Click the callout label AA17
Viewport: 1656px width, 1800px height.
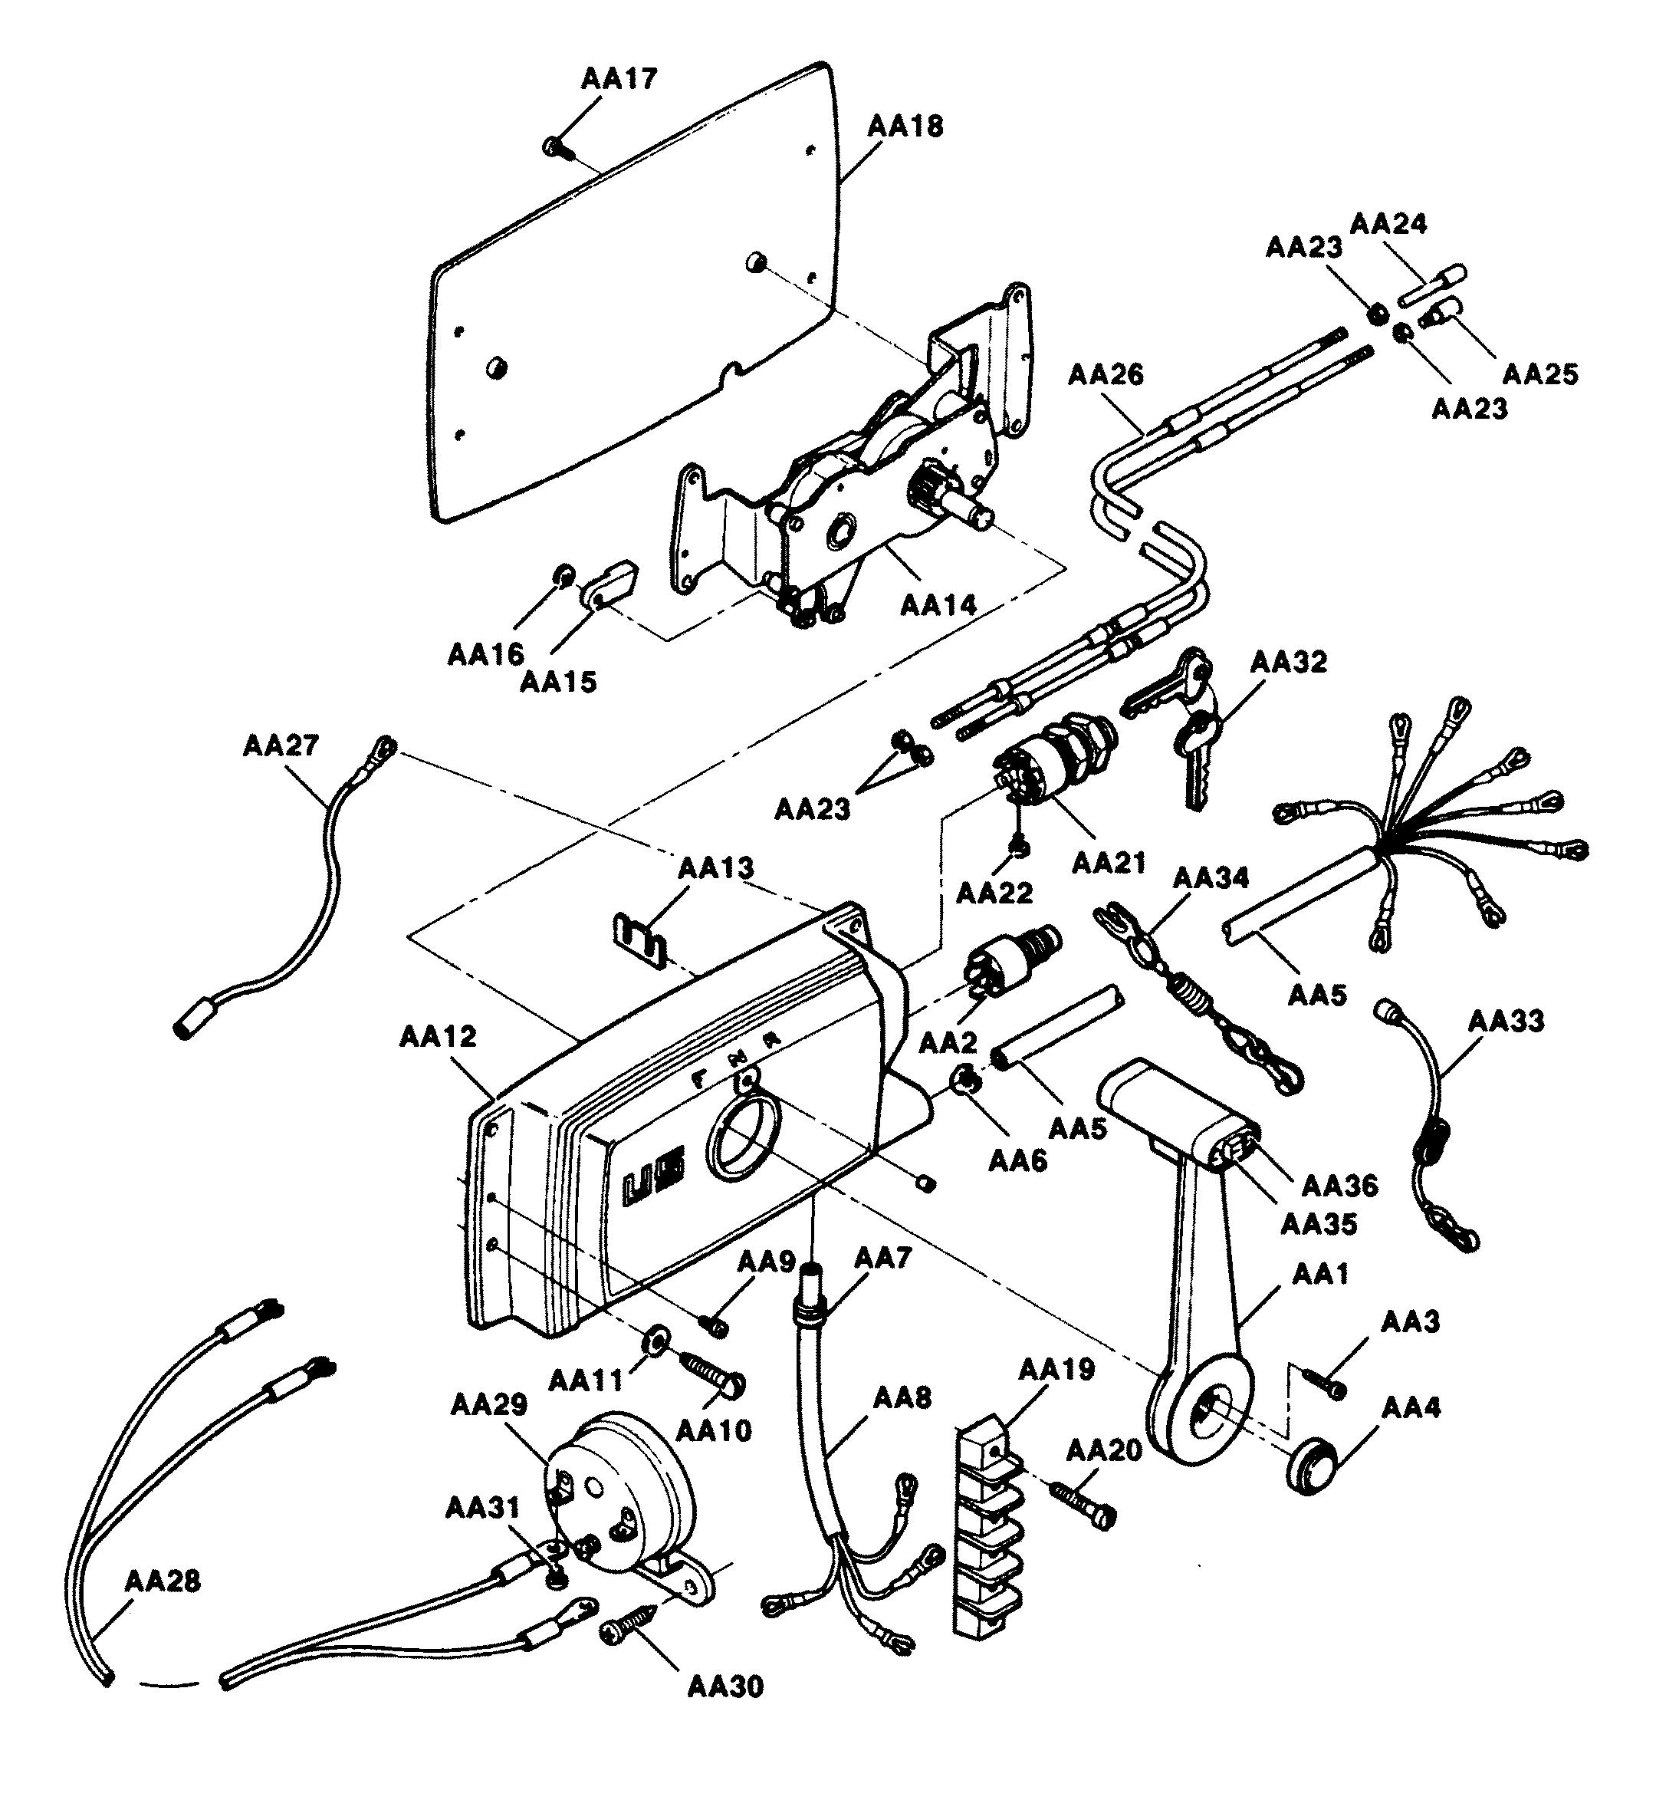pos(619,79)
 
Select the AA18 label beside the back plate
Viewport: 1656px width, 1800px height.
pos(905,127)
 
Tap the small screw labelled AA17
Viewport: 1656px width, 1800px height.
pos(553,146)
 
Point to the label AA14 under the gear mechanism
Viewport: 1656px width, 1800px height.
pos(938,605)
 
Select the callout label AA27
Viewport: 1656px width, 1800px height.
pos(281,745)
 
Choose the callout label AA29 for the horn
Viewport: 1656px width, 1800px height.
pos(488,1403)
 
